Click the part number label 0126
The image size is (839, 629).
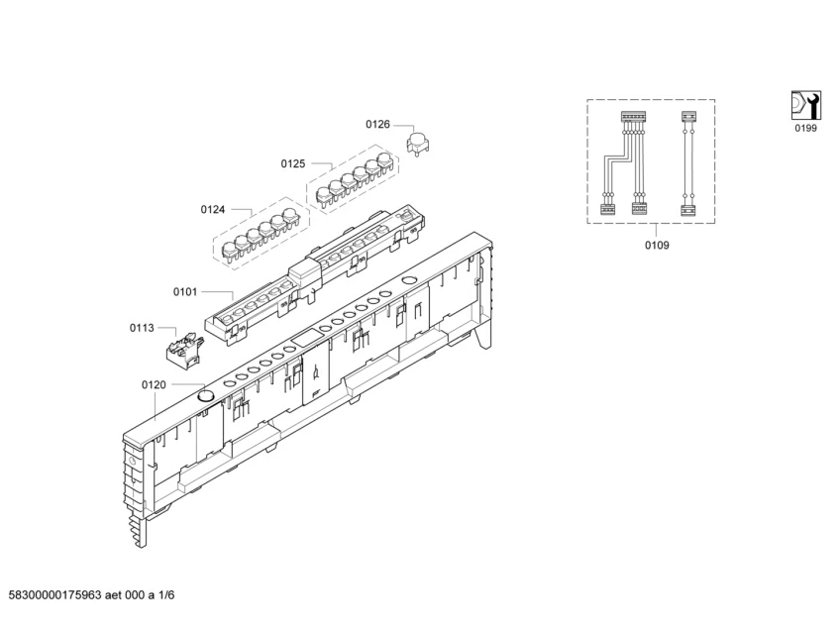click(x=377, y=125)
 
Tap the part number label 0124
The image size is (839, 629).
click(x=212, y=209)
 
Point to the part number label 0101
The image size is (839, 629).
click(x=185, y=292)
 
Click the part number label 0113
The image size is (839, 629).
click(x=142, y=327)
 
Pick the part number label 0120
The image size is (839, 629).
click(x=154, y=384)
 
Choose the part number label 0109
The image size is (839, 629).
click(x=656, y=245)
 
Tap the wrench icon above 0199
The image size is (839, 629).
click(x=805, y=105)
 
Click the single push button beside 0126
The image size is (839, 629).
click(x=417, y=143)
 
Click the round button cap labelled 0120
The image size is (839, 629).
click(x=206, y=395)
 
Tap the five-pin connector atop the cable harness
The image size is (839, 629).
click(x=632, y=117)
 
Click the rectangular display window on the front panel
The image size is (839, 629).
click(x=308, y=338)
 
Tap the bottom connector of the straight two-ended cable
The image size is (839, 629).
click(x=686, y=208)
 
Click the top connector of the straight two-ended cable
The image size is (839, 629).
click(x=686, y=117)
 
